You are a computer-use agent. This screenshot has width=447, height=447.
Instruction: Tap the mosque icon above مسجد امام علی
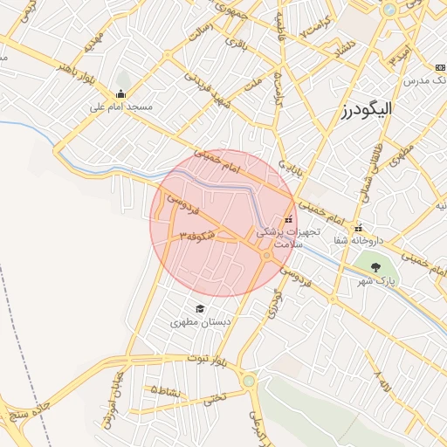pos(120,94)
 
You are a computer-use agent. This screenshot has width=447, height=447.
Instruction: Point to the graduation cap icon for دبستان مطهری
pos(200,308)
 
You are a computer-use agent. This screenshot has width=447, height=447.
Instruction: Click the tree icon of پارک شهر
pos(376,267)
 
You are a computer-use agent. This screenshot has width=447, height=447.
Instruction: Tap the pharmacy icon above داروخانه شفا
pos(358,228)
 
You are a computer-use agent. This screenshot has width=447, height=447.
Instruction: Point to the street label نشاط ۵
pos(166,390)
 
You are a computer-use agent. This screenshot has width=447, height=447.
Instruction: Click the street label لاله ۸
pos(382,381)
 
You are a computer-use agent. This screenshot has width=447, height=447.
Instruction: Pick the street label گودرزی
pos(277,308)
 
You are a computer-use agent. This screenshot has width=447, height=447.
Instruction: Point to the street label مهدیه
pos(93,39)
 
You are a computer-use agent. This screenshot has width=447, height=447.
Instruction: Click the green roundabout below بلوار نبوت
pos(249,381)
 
